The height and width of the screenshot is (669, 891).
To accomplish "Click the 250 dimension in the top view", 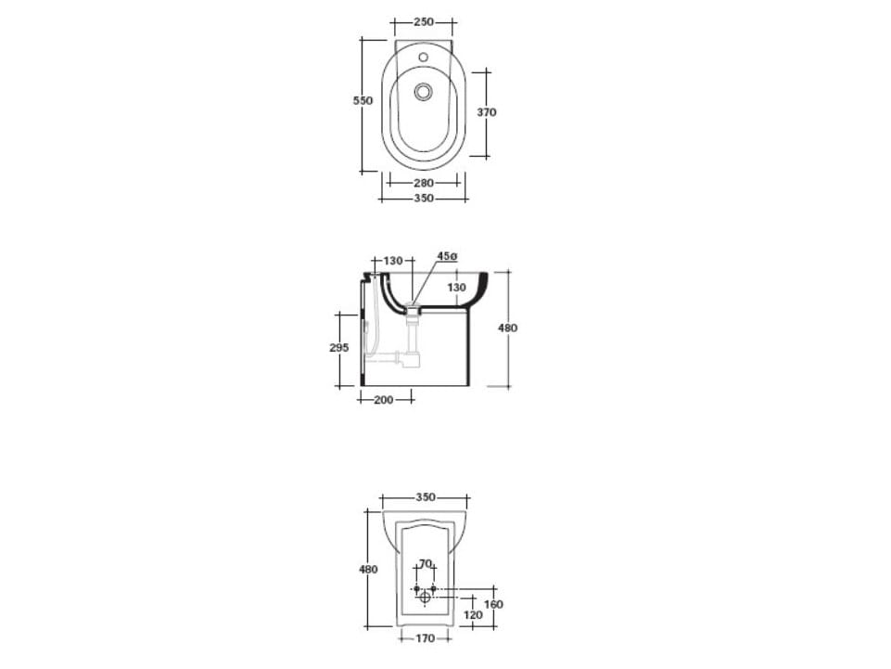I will coord(424,21).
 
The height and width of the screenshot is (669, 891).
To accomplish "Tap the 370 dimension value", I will coord(487,112).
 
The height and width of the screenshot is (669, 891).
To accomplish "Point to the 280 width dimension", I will coord(424,183).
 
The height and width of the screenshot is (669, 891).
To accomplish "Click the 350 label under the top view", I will coord(424,199).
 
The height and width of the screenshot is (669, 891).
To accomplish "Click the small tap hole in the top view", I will coord(423,58).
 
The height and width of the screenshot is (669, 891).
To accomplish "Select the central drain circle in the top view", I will coord(424,91).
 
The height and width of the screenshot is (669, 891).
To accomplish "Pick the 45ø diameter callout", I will coord(447,256).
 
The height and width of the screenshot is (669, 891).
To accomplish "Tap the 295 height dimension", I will coord(339,347).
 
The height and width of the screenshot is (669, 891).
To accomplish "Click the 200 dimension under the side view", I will coord(383,400).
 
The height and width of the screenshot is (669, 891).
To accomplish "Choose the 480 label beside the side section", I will coord(508,328).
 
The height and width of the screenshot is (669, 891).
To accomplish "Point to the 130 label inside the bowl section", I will coord(457,288).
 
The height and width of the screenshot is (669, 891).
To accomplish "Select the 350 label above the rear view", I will coord(425,497).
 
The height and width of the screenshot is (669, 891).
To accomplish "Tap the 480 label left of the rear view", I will coord(369,569).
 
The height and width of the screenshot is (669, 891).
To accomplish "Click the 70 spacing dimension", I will coord(425,563).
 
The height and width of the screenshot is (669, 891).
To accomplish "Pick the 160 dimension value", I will coord(494,604).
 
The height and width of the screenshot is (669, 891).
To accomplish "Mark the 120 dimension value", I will coord(473,614).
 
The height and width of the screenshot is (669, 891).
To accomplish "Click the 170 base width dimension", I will coord(425,638).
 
